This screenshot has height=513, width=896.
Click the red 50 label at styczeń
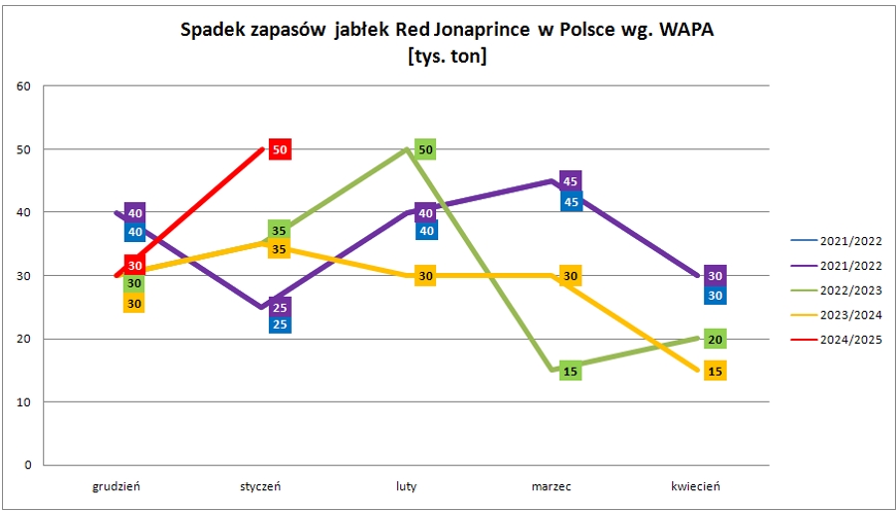point(280,149)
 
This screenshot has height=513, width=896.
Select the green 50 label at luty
point(425,149)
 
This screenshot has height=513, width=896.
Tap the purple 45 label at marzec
point(570,181)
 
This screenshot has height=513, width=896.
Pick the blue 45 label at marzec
point(570,201)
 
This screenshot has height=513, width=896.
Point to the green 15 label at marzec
point(570,372)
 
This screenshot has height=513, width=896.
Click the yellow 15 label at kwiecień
point(715,371)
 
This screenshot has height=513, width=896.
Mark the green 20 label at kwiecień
point(715,340)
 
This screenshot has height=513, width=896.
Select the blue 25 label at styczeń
point(280,324)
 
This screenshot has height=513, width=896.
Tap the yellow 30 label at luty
point(425,276)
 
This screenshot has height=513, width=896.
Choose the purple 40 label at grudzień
point(135,213)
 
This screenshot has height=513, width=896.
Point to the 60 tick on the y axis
point(25,86)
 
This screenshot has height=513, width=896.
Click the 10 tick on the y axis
point(25,402)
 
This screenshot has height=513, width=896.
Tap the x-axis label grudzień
point(116,486)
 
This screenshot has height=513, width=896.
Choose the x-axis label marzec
point(552,486)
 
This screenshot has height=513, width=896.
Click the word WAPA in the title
point(682,30)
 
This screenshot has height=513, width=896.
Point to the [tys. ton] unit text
point(447,57)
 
